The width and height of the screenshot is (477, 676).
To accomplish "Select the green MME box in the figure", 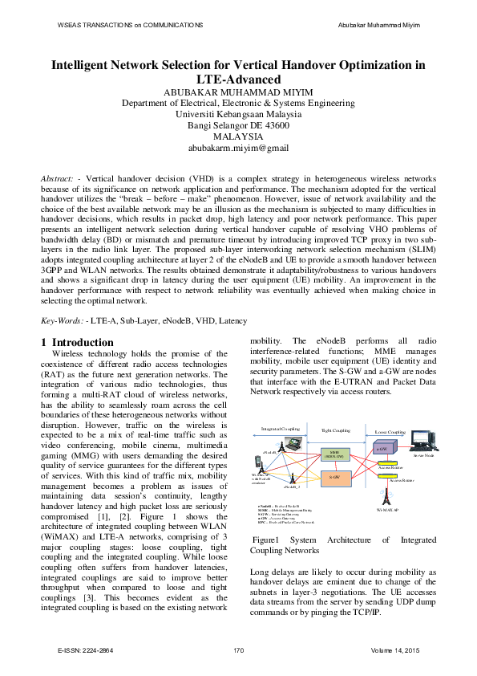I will (x=334, y=454).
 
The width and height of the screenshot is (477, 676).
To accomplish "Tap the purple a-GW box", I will (x=383, y=449).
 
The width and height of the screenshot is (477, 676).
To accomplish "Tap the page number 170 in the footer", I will (x=238, y=649).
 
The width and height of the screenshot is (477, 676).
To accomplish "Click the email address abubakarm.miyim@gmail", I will (x=238, y=149).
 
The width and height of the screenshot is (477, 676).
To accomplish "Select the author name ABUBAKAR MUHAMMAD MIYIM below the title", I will (x=238, y=92).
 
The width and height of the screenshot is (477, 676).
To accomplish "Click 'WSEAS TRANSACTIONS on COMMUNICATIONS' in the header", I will (x=130, y=26).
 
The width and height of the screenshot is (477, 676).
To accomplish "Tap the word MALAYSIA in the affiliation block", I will (x=238, y=137).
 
